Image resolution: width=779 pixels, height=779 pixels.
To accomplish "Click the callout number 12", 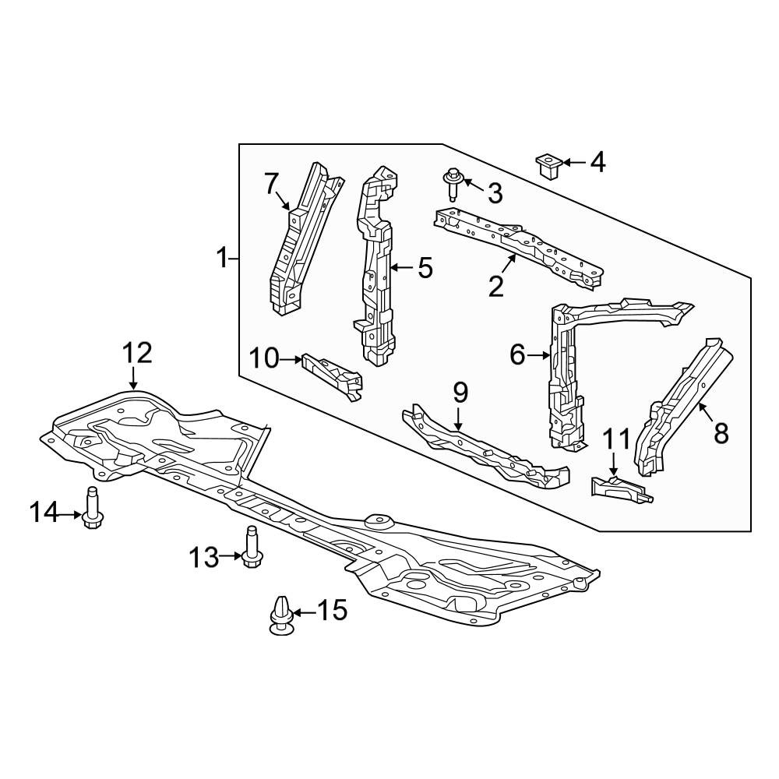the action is [137, 353].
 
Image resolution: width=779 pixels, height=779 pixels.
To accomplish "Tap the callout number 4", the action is [597, 163].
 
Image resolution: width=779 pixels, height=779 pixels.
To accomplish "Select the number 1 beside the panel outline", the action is [222, 259].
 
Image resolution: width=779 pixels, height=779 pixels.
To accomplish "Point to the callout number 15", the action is [332, 610].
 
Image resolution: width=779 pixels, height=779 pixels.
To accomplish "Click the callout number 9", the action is [460, 393].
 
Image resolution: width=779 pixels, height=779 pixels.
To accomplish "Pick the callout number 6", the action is [517, 355].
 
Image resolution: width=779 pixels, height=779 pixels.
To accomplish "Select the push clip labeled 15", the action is [281, 615].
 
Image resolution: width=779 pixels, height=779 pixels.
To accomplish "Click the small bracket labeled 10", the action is [333, 376].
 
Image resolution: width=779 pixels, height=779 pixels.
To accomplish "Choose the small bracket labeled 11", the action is [622, 489].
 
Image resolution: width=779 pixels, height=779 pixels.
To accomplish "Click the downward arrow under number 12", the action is [132, 379].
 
